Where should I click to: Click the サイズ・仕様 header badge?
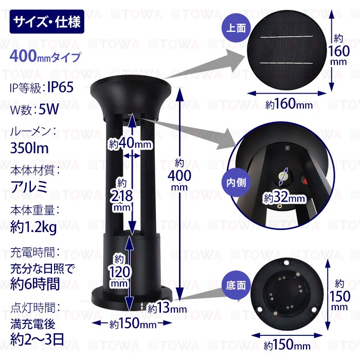pyautogui.click(x=47, y=22)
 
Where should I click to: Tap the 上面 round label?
pyautogui.click(x=236, y=28)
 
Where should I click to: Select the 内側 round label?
pyautogui.click(x=236, y=183)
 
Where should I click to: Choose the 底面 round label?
pyautogui.click(x=236, y=285)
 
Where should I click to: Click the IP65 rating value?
pyautogui.click(x=60, y=87)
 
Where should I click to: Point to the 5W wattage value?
pyautogui.click(x=49, y=109)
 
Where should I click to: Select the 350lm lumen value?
pyautogui.click(x=29, y=148)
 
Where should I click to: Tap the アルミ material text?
pyautogui.click(x=29, y=187)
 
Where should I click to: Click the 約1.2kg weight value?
pyautogui.click(x=33, y=227)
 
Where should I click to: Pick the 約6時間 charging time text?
pyautogui.click(x=35, y=284)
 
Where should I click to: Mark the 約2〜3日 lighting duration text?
pyautogui.click(x=37, y=339)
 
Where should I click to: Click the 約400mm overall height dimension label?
pyautogui.click(x=179, y=175)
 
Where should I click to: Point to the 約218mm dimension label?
pyautogui.click(x=122, y=195)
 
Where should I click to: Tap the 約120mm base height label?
pyautogui.click(x=119, y=271)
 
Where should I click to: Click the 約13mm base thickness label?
pyautogui.click(x=167, y=308)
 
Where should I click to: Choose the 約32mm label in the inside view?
pyautogui.click(x=284, y=197)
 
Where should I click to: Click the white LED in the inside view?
pyautogui.click(x=283, y=176)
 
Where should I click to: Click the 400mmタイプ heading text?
pyautogui.click(x=45, y=57)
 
